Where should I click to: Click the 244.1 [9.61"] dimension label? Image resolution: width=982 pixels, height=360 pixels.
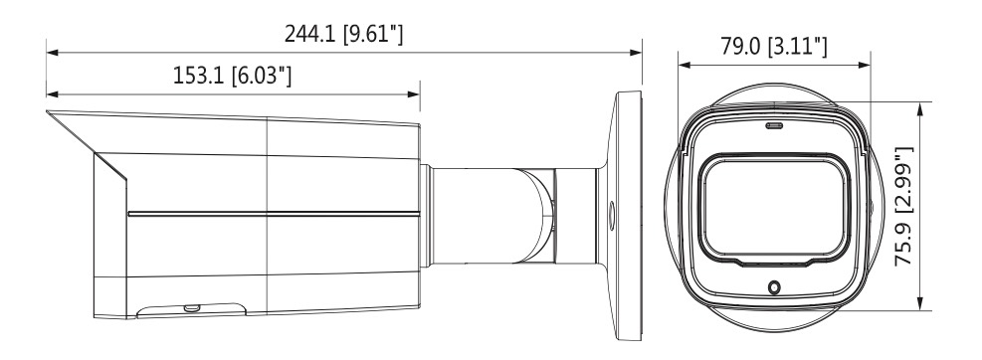pyautogui.click(x=344, y=34)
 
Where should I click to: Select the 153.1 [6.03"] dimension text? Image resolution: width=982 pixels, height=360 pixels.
pyautogui.click(x=233, y=76)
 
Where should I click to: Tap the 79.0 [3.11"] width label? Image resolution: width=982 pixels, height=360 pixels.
pyautogui.click(x=773, y=46)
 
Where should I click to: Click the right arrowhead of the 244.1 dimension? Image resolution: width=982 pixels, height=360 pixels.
pyautogui.click(x=637, y=53)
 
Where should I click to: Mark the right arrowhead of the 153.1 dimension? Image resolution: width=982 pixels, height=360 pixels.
pyautogui.click(x=414, y=94)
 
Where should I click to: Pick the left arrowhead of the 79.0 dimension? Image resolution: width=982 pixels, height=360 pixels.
pyautogui.click(x=684, y=65)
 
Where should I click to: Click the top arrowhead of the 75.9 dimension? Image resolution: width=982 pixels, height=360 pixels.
pyautogui.click(x=919, y=107)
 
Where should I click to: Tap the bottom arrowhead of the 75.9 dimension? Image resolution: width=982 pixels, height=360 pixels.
pyautogui.click(x=919, y=303)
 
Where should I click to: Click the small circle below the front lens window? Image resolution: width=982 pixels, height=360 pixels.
pyautogui.click(x=775, y=287)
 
